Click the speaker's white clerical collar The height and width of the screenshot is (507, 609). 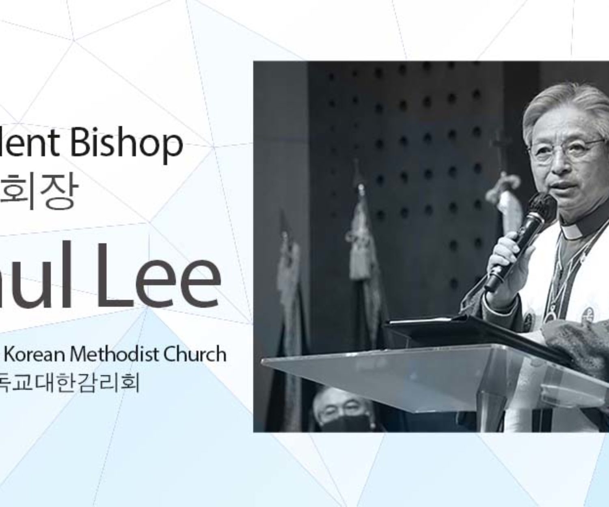(x=572, y=231)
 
